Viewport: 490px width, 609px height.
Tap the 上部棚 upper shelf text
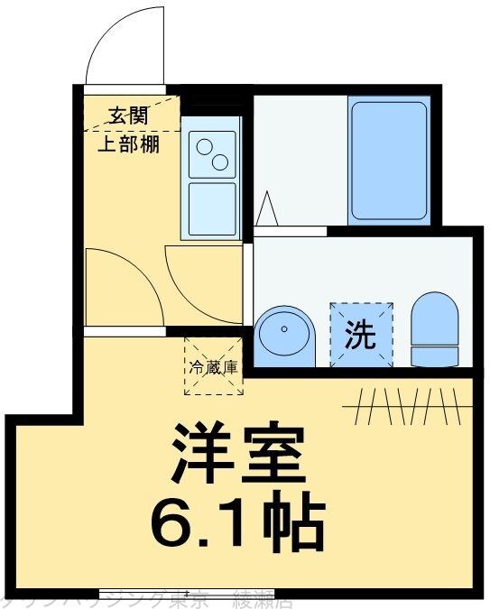128,144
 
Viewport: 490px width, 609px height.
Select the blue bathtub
388,161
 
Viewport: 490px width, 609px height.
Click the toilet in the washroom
434,329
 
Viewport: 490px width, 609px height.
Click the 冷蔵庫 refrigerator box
214,366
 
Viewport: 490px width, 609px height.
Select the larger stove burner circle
219,162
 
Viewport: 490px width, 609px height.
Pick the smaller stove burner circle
203,146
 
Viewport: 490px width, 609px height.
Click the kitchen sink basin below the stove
212,208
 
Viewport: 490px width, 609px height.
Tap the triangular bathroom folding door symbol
267,210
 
